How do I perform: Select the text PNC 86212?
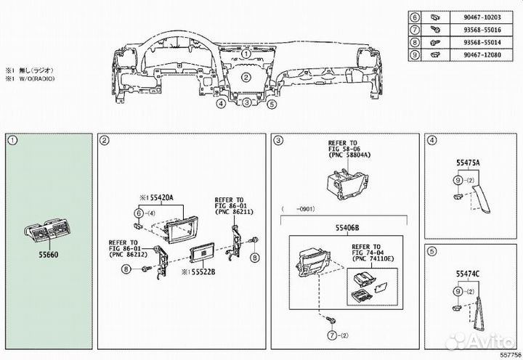point(126,255)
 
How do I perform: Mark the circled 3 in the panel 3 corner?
point(277,140)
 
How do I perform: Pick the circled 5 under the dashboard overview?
point(272,104)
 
